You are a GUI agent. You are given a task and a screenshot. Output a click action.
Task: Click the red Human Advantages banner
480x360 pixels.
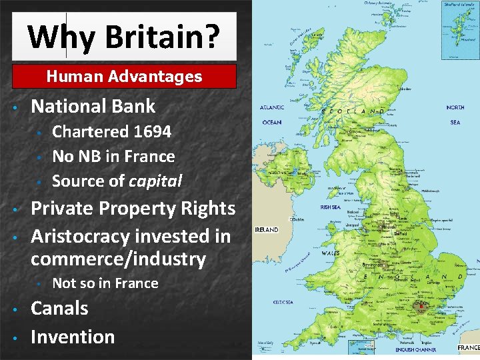point(124,77)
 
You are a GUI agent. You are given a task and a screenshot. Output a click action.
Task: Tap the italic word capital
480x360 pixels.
point(155,181)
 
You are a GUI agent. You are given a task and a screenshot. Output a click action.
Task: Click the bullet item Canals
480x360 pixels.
point(59,308)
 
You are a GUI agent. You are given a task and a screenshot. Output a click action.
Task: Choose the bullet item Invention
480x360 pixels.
point(73,337)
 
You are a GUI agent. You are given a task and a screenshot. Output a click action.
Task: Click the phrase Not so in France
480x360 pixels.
point(105,283)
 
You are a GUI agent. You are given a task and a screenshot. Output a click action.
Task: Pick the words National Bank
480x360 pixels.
point(93,106)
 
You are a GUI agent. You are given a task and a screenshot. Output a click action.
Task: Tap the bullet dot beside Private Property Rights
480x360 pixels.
point(15,209)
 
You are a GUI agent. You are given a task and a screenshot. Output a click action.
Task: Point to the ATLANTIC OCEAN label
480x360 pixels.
point(272,115)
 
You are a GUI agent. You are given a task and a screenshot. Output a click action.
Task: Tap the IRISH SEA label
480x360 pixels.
point(331,207)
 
